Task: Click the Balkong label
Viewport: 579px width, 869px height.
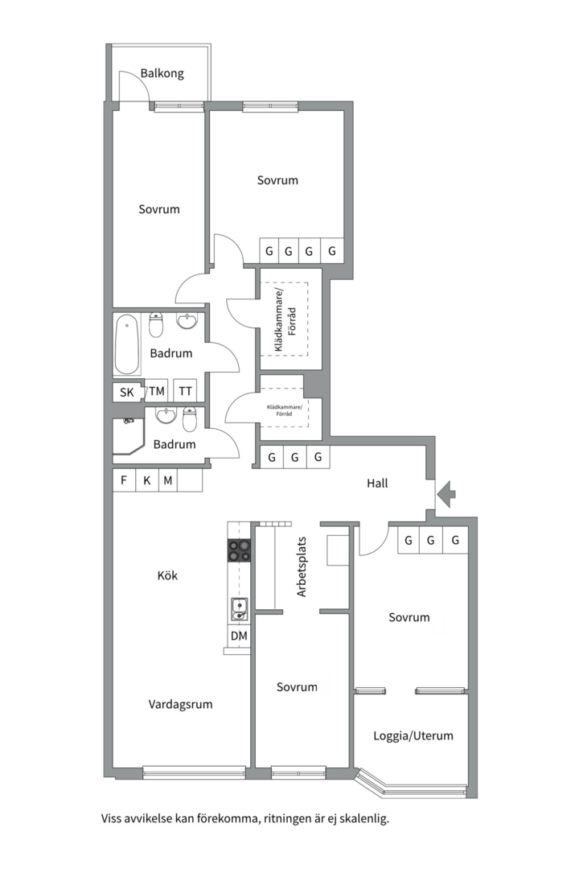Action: pyautogui.click(x=162, y=73)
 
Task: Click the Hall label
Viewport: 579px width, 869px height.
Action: pyautogui.click(x=377, y=484)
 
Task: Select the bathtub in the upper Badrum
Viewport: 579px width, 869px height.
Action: pyautogui.click(x=127, y=345)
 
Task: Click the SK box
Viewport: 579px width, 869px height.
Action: pyautogui.click(x=126, y=393)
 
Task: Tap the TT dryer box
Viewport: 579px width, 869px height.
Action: pyautogui.click(x=186, y=392)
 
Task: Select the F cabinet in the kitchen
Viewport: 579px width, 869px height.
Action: pyautogui.click(x=124, y=481)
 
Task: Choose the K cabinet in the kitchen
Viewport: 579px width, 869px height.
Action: pyautogui.click(x=146, y=481)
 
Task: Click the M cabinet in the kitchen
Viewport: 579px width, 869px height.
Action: pyautogui.click(x=168, y=481)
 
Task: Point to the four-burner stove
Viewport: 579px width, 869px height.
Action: pyautogui.click(x=239, y=550)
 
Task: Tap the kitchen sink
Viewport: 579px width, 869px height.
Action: pyautogui.click(x=239, y=609)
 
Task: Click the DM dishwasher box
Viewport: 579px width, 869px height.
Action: pyautogui.click(x=239, y=636)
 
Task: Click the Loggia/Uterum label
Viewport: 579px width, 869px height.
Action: pyautogui.click(x=413, y=735)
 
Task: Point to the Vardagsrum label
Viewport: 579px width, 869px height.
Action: pyautogui.click(x=180, y=704)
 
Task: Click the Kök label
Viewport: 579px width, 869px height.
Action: pyautogui.click(x=167, y=576)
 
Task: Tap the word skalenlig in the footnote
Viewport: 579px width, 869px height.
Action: pyautogui.click(x=363, y=819)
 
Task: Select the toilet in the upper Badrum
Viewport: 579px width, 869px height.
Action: pyautogui.click(x=157, y=324)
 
